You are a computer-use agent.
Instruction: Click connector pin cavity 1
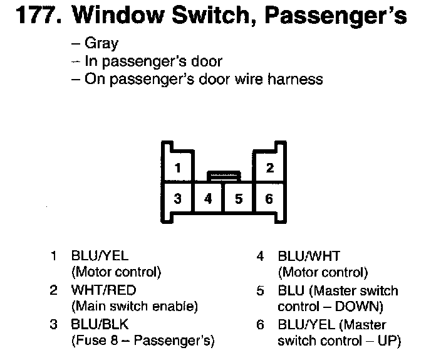pos(178,168)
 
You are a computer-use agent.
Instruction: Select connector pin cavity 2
pos(269,167)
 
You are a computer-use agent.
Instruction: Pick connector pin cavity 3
pos(178,199)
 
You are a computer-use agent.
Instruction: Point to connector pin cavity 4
pos(209,199)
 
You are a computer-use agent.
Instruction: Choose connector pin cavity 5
pos(239,199)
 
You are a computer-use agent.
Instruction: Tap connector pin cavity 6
pos(269,199)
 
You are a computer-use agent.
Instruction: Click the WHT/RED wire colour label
pos(104,290)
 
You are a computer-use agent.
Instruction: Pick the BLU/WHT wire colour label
pos(309,256)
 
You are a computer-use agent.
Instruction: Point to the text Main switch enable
pos(135,307)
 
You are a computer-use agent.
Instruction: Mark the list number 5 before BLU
pos(259,290)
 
